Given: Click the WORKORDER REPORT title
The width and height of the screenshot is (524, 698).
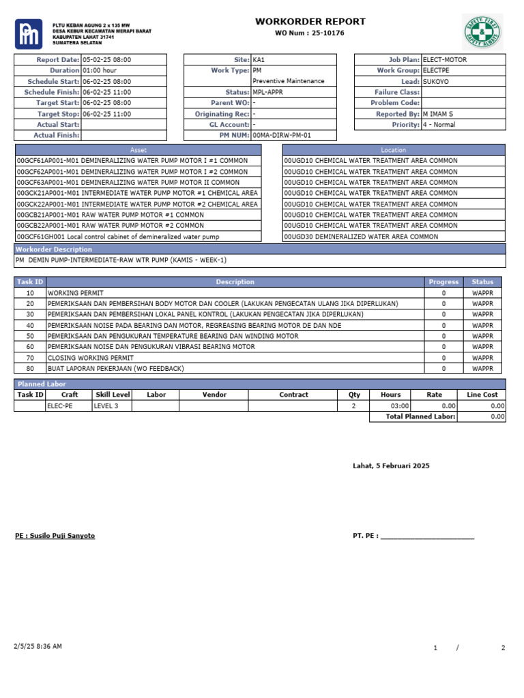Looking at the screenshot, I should pyautogui.click(x=310, y=22).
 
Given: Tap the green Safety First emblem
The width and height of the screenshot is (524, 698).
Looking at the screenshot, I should pyautogui.click(x=482, y=32).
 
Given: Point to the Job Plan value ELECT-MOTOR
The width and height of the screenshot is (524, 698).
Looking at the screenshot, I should pyautogui.click(x=445, y=59).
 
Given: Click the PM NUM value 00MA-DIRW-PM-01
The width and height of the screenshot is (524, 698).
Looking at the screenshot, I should pyautogui.click(x=281, y=136).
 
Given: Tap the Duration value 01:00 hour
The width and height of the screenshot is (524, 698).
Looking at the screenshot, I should pyautogui.click(x=100, y=70).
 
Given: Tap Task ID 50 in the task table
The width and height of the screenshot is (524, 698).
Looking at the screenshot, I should pyautogui.click(x=30, y=336).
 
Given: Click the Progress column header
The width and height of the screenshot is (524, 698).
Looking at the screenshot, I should pyautogui.click(x=443, y=282).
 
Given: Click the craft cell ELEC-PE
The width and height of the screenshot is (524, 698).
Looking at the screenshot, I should pyautogui.click(x=59, y=406).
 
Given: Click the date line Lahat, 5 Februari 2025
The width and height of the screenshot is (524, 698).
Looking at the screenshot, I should pyautogui.click(x=391, y=466).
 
